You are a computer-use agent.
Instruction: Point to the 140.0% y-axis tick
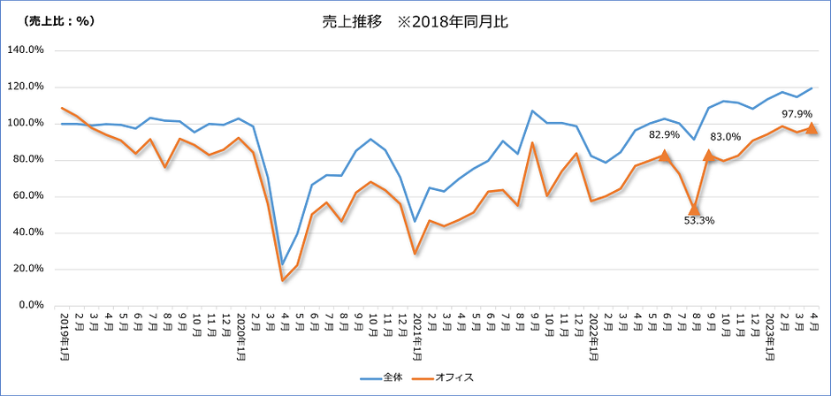pos(26,49)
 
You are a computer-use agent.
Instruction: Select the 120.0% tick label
pos(26,87)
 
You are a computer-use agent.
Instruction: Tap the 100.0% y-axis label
pos(26,123)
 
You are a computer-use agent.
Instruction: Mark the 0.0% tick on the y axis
pos(31,306)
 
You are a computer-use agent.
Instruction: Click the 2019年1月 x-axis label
pos(64,332)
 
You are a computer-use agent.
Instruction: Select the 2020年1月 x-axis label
pos(239,332)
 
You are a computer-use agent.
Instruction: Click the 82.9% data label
pos(664,134)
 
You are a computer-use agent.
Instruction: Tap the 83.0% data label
pos(725,137)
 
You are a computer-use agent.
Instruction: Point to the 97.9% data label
pos(797,114)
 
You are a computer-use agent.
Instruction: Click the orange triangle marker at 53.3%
pos(694,208)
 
